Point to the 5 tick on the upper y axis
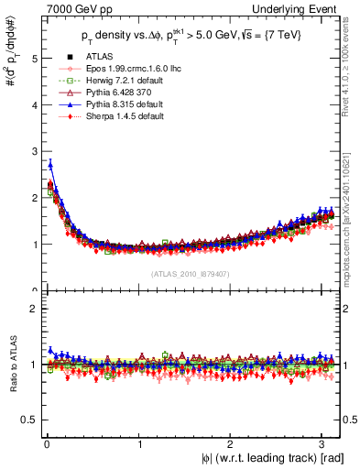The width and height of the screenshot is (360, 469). pyautogui.click(x=33, y=58)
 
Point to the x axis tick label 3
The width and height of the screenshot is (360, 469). pyautogui.click(x=323, y=444)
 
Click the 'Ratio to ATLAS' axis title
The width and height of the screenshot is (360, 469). pyautogui.click(x=10, y=370)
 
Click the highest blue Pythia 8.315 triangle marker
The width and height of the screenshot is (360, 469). pyautogui.click(x=50, y=164)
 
